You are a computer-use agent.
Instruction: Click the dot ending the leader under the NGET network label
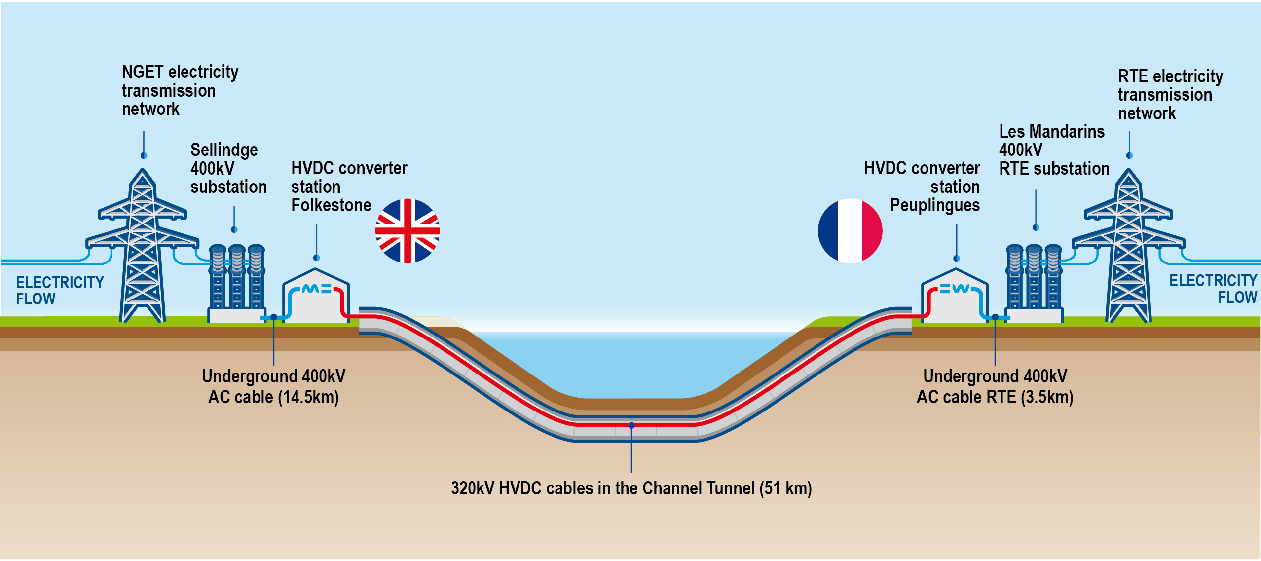[144, 156]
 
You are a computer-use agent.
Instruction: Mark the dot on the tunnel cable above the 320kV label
[631, 425]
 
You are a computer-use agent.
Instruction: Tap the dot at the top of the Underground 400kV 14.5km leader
[274, 317]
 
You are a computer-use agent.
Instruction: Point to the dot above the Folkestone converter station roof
[317, 258]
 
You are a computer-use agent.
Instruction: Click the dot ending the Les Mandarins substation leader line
[1036, 227]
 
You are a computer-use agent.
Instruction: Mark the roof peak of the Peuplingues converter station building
[956, 269]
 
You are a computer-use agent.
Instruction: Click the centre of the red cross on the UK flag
[408, 231]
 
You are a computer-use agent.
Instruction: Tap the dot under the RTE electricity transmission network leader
[1129, 156]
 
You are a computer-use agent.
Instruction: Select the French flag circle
[850, 231]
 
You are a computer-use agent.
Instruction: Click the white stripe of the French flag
[850, 231]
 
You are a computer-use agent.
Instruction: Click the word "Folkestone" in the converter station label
[331, 205]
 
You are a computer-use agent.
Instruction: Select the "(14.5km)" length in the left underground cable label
[308, 397]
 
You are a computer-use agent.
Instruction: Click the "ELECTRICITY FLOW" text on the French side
[1213, 289]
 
